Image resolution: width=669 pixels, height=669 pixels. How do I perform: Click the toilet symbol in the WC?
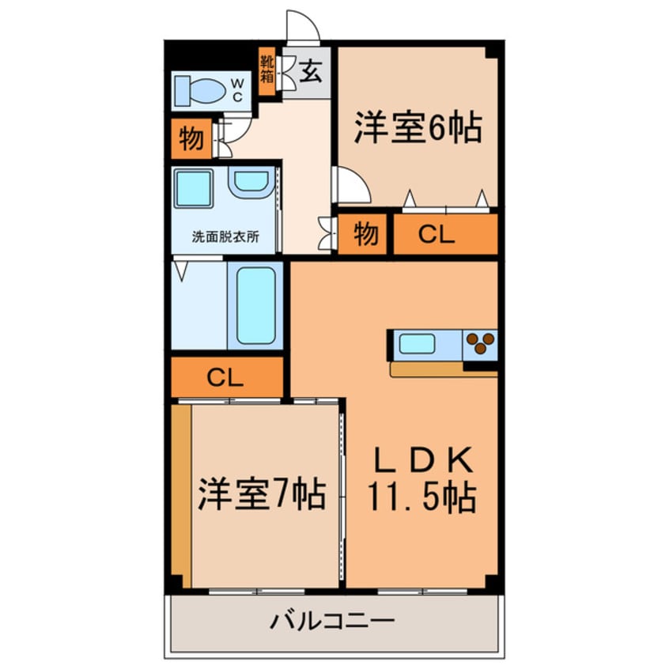(x=200, y=90)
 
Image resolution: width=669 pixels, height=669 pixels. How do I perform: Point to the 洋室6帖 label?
(x=418, y=129)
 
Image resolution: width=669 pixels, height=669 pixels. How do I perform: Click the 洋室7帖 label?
(x=261, y=496)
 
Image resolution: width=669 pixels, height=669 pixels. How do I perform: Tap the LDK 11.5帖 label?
(x=421, y=482)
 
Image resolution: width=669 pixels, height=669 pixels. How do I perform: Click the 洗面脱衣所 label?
(x=225, y=236)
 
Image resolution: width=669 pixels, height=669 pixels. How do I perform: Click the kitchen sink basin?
(x=416, y=344)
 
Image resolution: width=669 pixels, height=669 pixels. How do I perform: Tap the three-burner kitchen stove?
(x=480, y=343)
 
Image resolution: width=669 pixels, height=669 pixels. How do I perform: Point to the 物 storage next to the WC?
(x=191, y=139)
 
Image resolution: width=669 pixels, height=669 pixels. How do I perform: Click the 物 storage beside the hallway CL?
(x=365, y=234)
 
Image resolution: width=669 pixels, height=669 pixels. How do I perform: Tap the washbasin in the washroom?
(x=251, y=183)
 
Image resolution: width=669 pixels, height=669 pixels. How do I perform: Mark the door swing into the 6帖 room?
(x=352, y=186)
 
